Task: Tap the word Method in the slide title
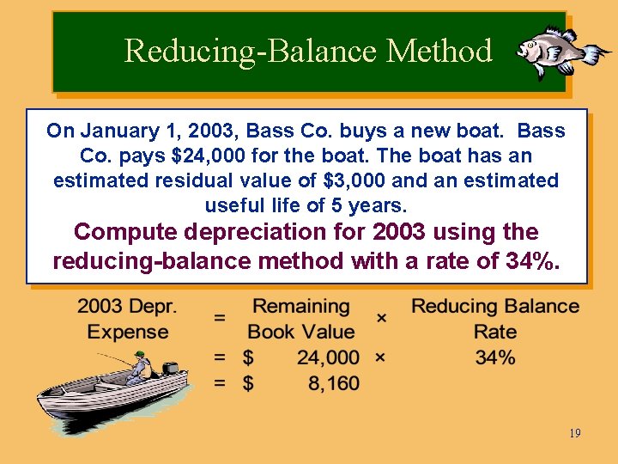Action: (x=439, y=51)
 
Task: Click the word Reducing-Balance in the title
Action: (x=251, y=51)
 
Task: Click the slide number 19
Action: (x=574, y=433)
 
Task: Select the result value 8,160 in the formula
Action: (x=330, y=383)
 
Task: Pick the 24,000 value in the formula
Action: (x=328, y=357)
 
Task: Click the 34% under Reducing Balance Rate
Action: (x=495, y=357)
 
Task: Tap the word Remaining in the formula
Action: (x=300, y=307)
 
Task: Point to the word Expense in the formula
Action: (x=128, y=332)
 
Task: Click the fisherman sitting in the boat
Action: (x=137, y=368)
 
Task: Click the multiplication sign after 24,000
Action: (x=380, y=357)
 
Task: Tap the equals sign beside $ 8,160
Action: (x=220, y=383)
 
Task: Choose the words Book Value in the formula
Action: (x=300, y=332)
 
